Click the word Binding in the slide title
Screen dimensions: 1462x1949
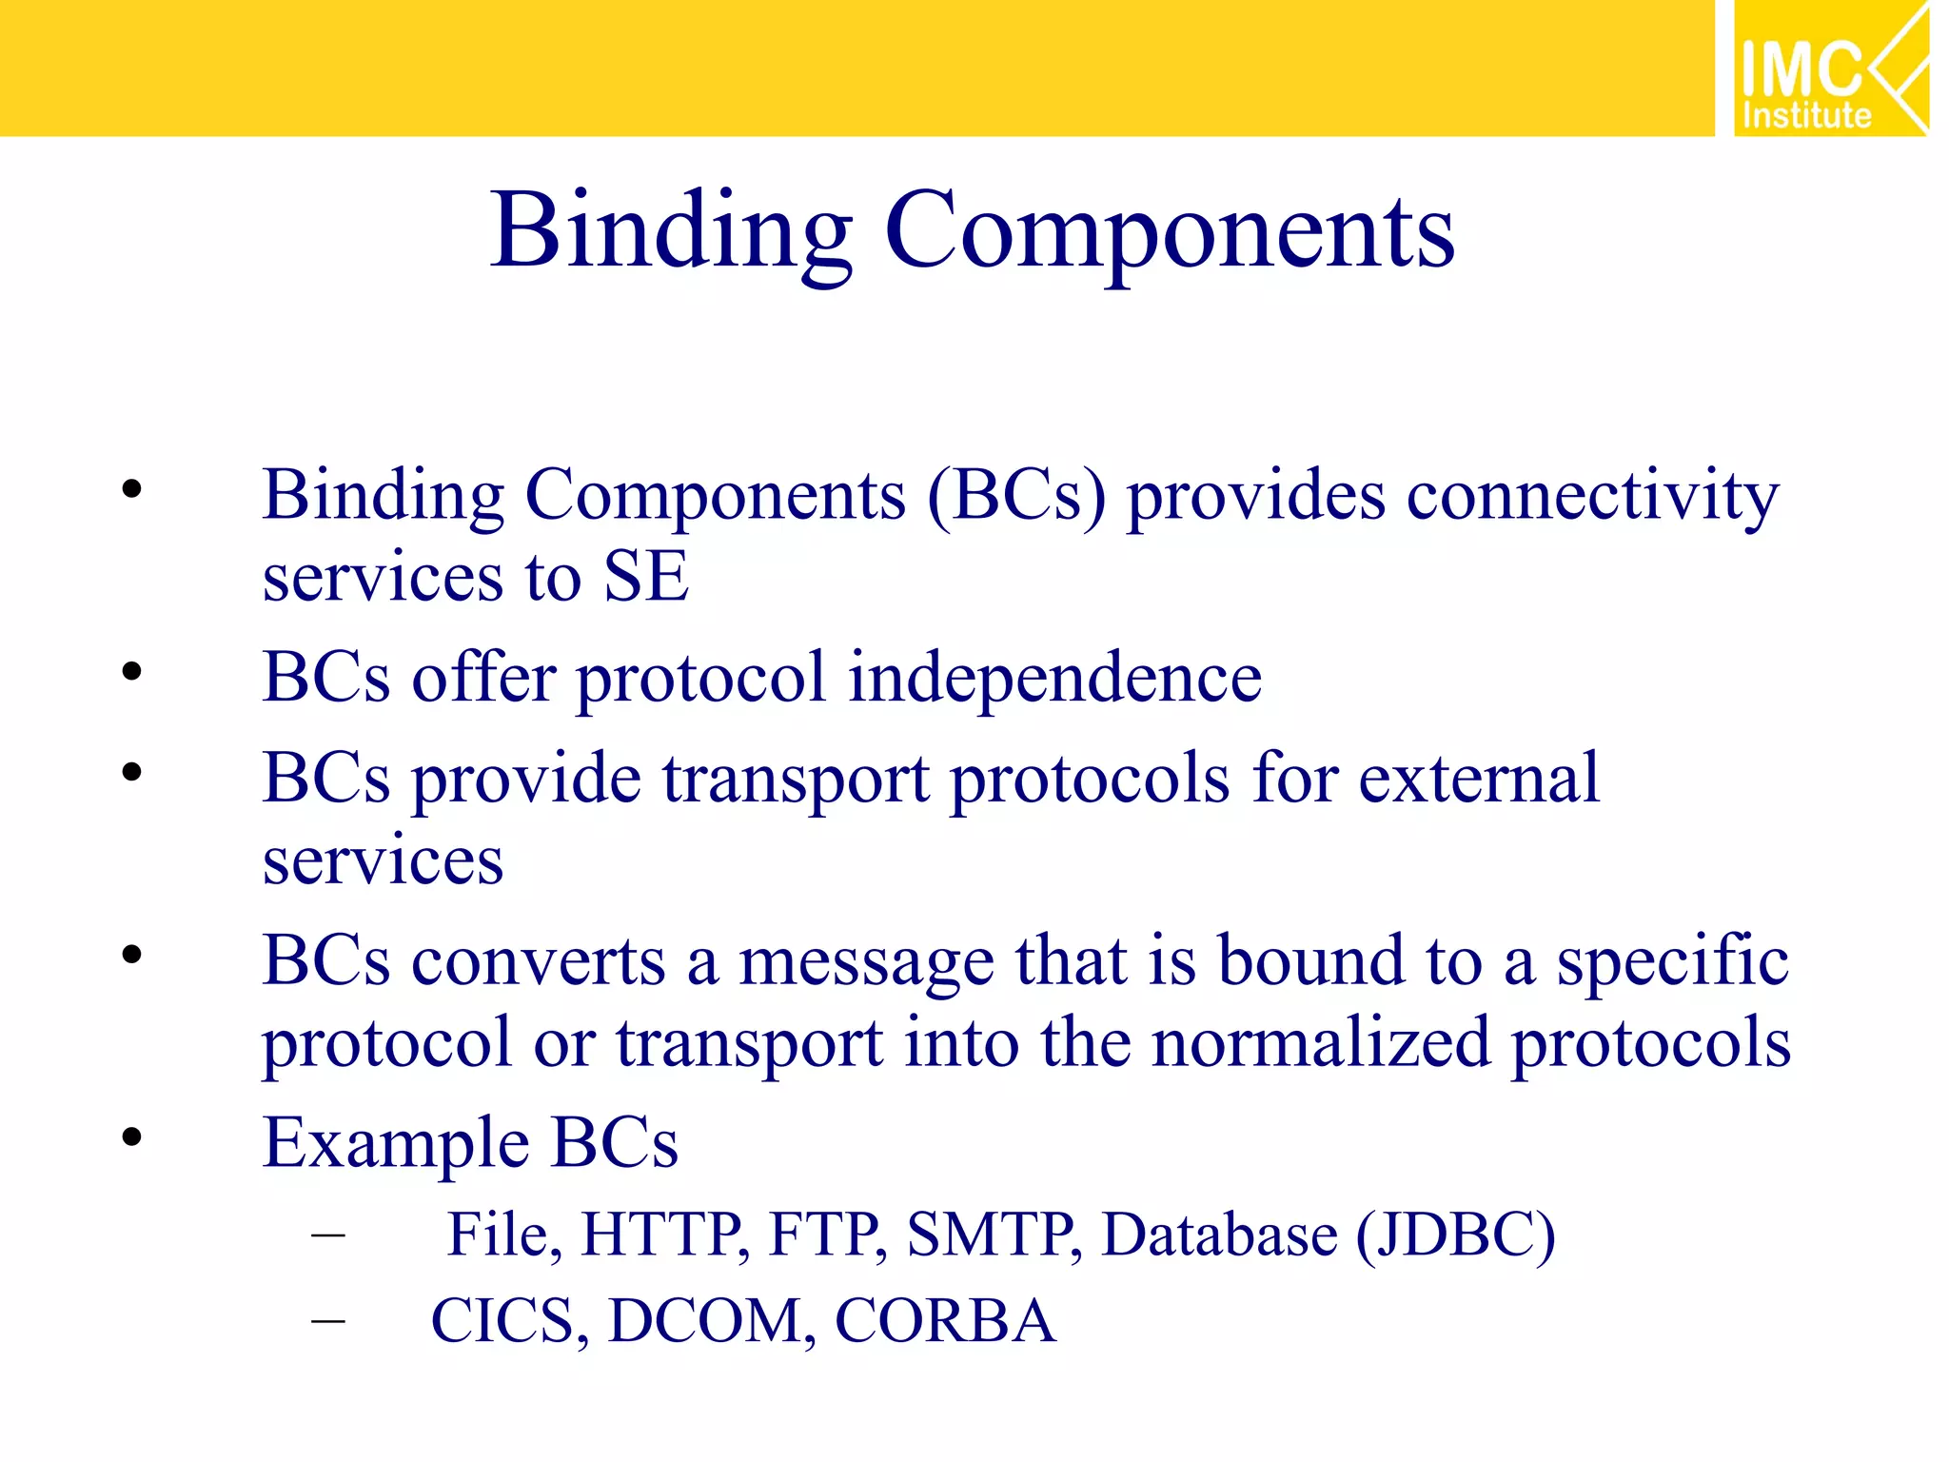click(671, 231)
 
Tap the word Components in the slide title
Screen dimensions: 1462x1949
click(1170, 231)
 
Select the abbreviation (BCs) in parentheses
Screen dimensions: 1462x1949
click(1016, 496)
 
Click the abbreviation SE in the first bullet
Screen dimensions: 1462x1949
click(646, 578)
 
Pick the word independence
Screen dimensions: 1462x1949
click(1054, 678)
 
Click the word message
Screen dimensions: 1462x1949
click(866, 961)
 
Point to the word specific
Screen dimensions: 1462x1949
click(1672, 961)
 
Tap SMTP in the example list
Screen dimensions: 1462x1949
click(993, 1235)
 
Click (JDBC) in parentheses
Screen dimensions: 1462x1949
click(1455, 1235)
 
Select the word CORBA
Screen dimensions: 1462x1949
click(945, 1321)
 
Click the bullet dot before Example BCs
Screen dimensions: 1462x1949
click(131, 1136)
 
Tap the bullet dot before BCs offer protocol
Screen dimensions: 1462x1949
click(131, 672)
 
